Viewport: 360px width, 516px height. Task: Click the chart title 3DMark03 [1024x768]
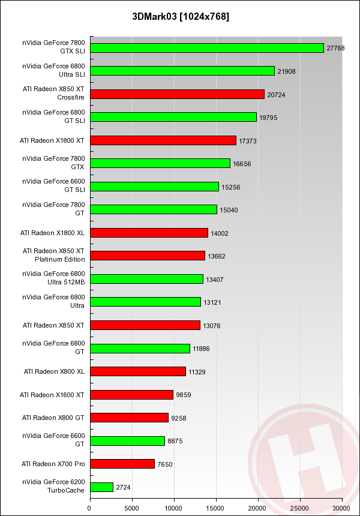(x=180, y=16)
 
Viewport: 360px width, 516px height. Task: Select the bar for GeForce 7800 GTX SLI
(x=206, y=48)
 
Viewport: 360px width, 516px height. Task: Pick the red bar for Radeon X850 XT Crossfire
(x=177, y=94)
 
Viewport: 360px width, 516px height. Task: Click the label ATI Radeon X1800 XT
(x=53, y=140)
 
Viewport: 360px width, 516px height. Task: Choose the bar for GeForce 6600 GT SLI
(x=154, y=187)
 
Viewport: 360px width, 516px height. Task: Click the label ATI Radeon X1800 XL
(x=53, y=233)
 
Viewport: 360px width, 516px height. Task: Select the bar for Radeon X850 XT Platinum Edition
(x=148, y=256)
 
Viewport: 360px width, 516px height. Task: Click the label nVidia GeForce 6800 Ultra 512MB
(x=54, y=278)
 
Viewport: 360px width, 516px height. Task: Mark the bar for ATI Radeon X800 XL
(x=137, y=371)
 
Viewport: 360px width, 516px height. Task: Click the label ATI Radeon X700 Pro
(x=53, y=464)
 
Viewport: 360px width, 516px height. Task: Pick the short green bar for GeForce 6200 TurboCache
(x=101, y=487)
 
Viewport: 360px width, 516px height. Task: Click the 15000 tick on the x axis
(x=216, y=508)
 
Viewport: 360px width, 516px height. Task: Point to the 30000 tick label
(x=341, y=508)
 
